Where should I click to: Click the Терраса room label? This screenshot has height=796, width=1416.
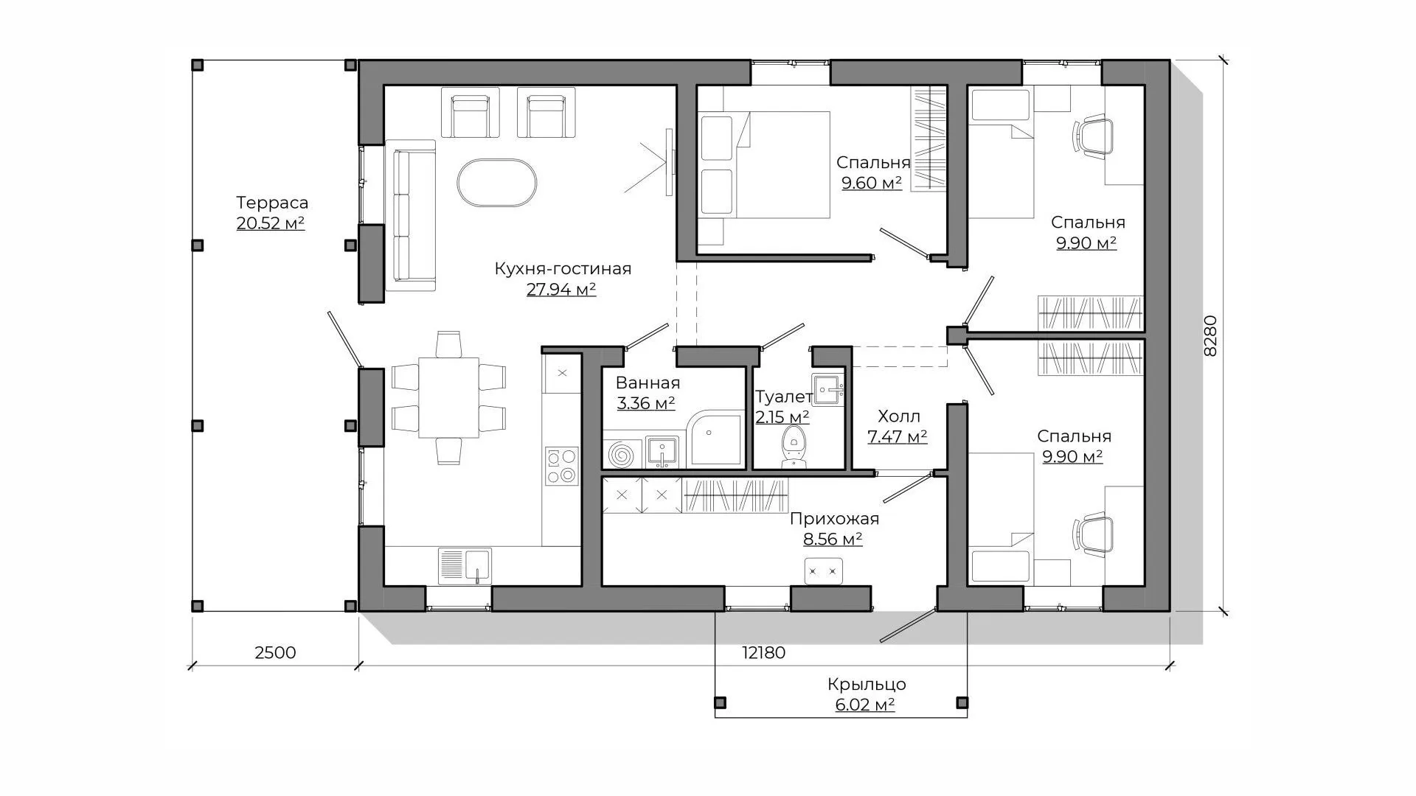[272, 203]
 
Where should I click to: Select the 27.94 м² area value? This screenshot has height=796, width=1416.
[561, 290]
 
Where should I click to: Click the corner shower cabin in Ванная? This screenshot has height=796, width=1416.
[715, 439]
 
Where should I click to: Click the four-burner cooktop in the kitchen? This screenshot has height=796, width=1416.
[562, 467]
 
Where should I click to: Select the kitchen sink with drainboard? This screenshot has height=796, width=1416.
[465, 566]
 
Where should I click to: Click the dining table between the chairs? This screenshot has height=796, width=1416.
[448, 397]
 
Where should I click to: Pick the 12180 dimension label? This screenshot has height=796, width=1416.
[763, 653]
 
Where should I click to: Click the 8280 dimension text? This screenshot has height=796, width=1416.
[1210, 336]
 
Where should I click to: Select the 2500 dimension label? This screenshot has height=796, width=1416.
[274, 653]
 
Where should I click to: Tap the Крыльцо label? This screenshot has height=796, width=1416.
[867, 685]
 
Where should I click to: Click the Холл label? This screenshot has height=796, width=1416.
[898, 416]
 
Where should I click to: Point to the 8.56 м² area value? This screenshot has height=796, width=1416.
[833, 540]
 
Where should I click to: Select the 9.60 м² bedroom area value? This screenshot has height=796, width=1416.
[872, 183]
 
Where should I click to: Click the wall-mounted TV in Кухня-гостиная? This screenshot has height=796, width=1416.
[669, 162]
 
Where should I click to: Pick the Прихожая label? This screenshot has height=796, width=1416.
[834, 519]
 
